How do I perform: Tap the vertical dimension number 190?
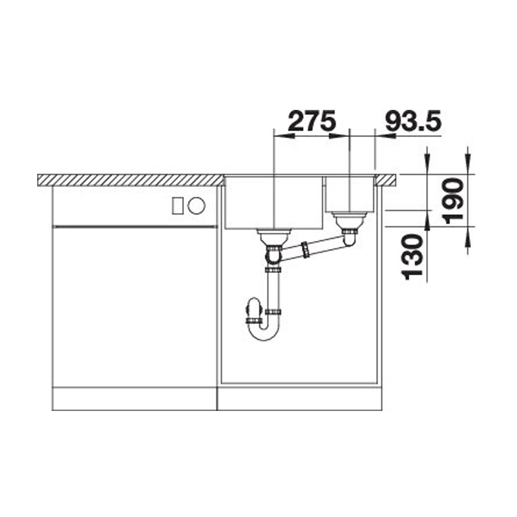(x=453, y=201)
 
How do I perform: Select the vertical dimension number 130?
(x=413, y=257)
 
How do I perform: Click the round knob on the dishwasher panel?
(x=196, y=206)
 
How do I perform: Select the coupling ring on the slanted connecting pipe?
(x=305, y=250)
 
